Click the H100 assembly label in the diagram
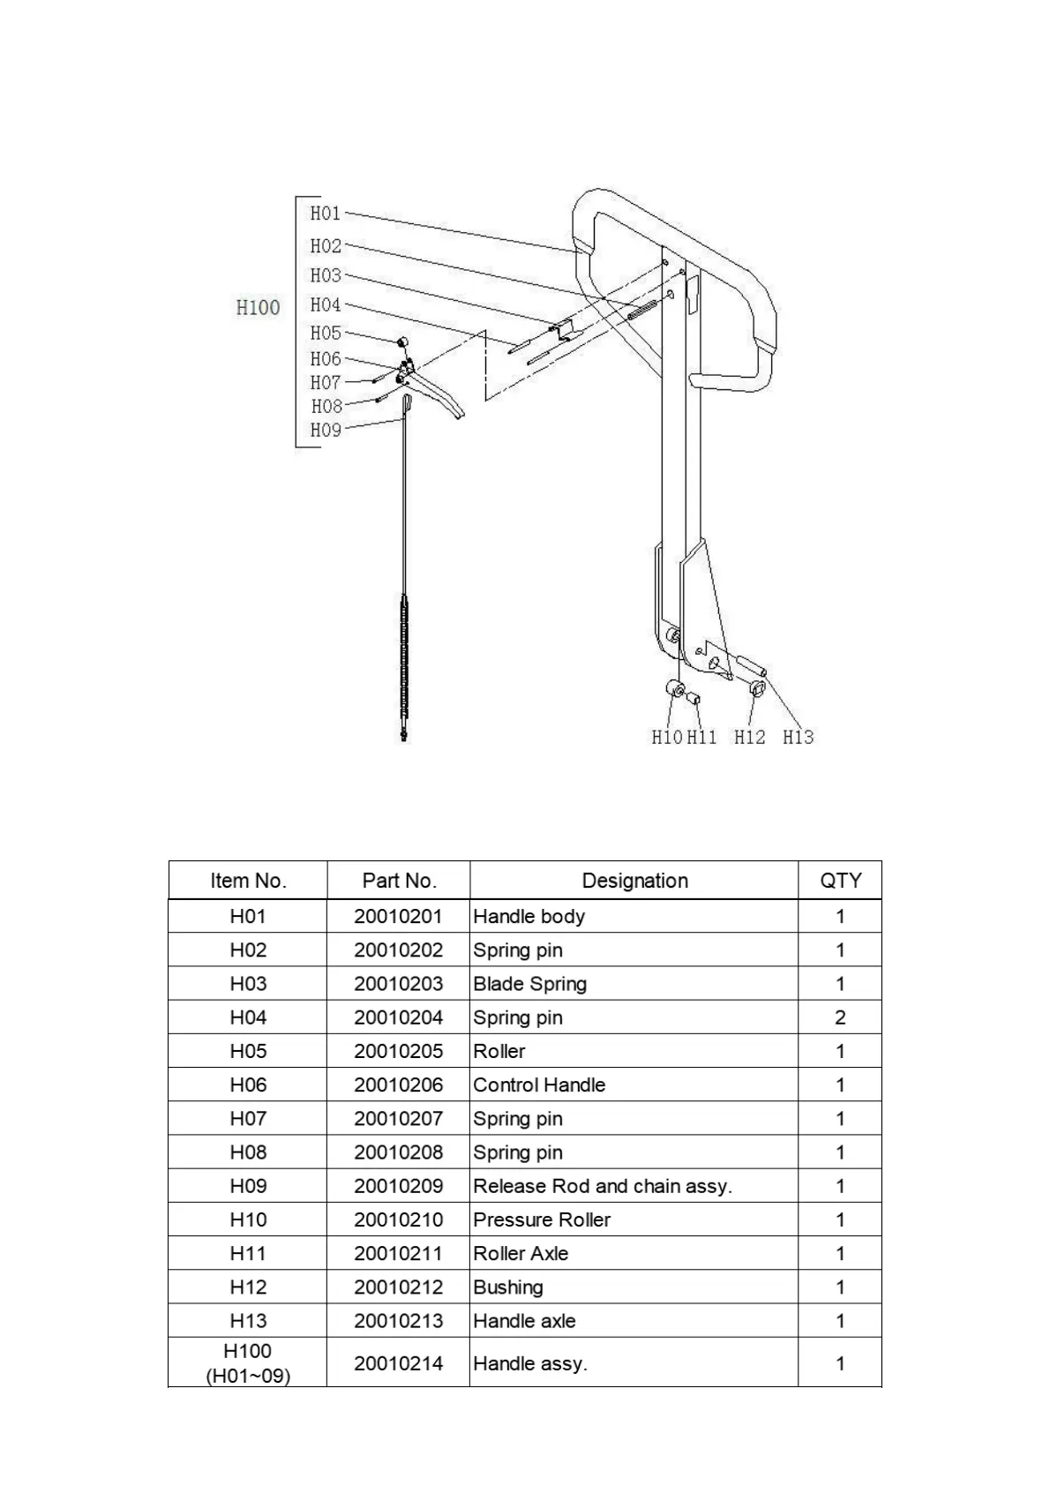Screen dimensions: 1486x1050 pos(258,307)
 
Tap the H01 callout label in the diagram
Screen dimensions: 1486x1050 pos(325,213)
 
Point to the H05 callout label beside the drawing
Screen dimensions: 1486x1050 pos(325,333)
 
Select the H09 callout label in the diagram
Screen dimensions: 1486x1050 pos(325,430)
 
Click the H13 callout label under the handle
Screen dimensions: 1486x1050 pos(798,737)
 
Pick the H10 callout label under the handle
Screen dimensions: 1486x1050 pos(667,737)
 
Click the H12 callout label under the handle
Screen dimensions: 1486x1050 pos(750,737)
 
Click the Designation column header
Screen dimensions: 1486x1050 pos(634,881)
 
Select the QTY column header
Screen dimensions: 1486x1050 pos(840,881)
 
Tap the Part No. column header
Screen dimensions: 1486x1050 pos(399,881)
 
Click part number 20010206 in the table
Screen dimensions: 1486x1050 pos(399,1084)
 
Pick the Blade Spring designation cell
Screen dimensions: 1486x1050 pos(529,984)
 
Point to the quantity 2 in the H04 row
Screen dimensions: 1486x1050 pos(840,1017)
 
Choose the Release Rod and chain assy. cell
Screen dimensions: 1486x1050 pos(603,1186)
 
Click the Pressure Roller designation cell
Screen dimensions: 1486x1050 pos(542,1220)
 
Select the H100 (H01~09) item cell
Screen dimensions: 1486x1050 pos(248,1362)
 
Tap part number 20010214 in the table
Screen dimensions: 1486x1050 pos(399,1363)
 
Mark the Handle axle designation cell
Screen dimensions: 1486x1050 pos(524,1321)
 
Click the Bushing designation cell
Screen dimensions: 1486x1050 pos(508,1287)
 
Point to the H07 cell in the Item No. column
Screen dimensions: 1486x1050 pos(248,1118)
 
